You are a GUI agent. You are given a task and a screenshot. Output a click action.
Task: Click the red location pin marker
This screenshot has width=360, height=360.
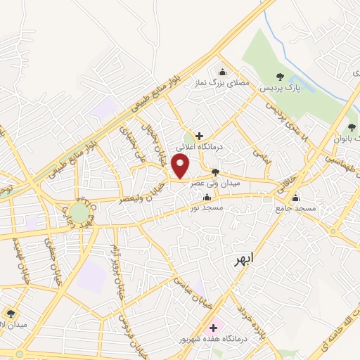click(181, 167)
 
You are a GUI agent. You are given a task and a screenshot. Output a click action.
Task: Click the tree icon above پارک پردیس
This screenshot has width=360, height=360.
click(280, 77)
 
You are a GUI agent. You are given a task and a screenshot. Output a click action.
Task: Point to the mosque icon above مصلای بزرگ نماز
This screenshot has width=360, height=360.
click(223, 71)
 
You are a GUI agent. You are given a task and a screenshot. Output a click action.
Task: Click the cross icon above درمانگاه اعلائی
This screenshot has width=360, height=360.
click(200, 135)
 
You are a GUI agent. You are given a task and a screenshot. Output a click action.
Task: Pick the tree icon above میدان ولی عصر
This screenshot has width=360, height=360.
click(215, 172)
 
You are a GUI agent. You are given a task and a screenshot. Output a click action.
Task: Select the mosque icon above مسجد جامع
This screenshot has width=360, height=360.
click(296, 198)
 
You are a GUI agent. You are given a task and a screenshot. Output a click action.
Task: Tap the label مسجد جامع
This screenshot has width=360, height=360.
click(296, 209)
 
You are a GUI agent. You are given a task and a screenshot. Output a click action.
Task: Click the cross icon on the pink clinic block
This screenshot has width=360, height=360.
click(213, 327)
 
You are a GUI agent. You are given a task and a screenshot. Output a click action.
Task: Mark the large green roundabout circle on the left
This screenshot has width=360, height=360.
click(79, 212)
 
